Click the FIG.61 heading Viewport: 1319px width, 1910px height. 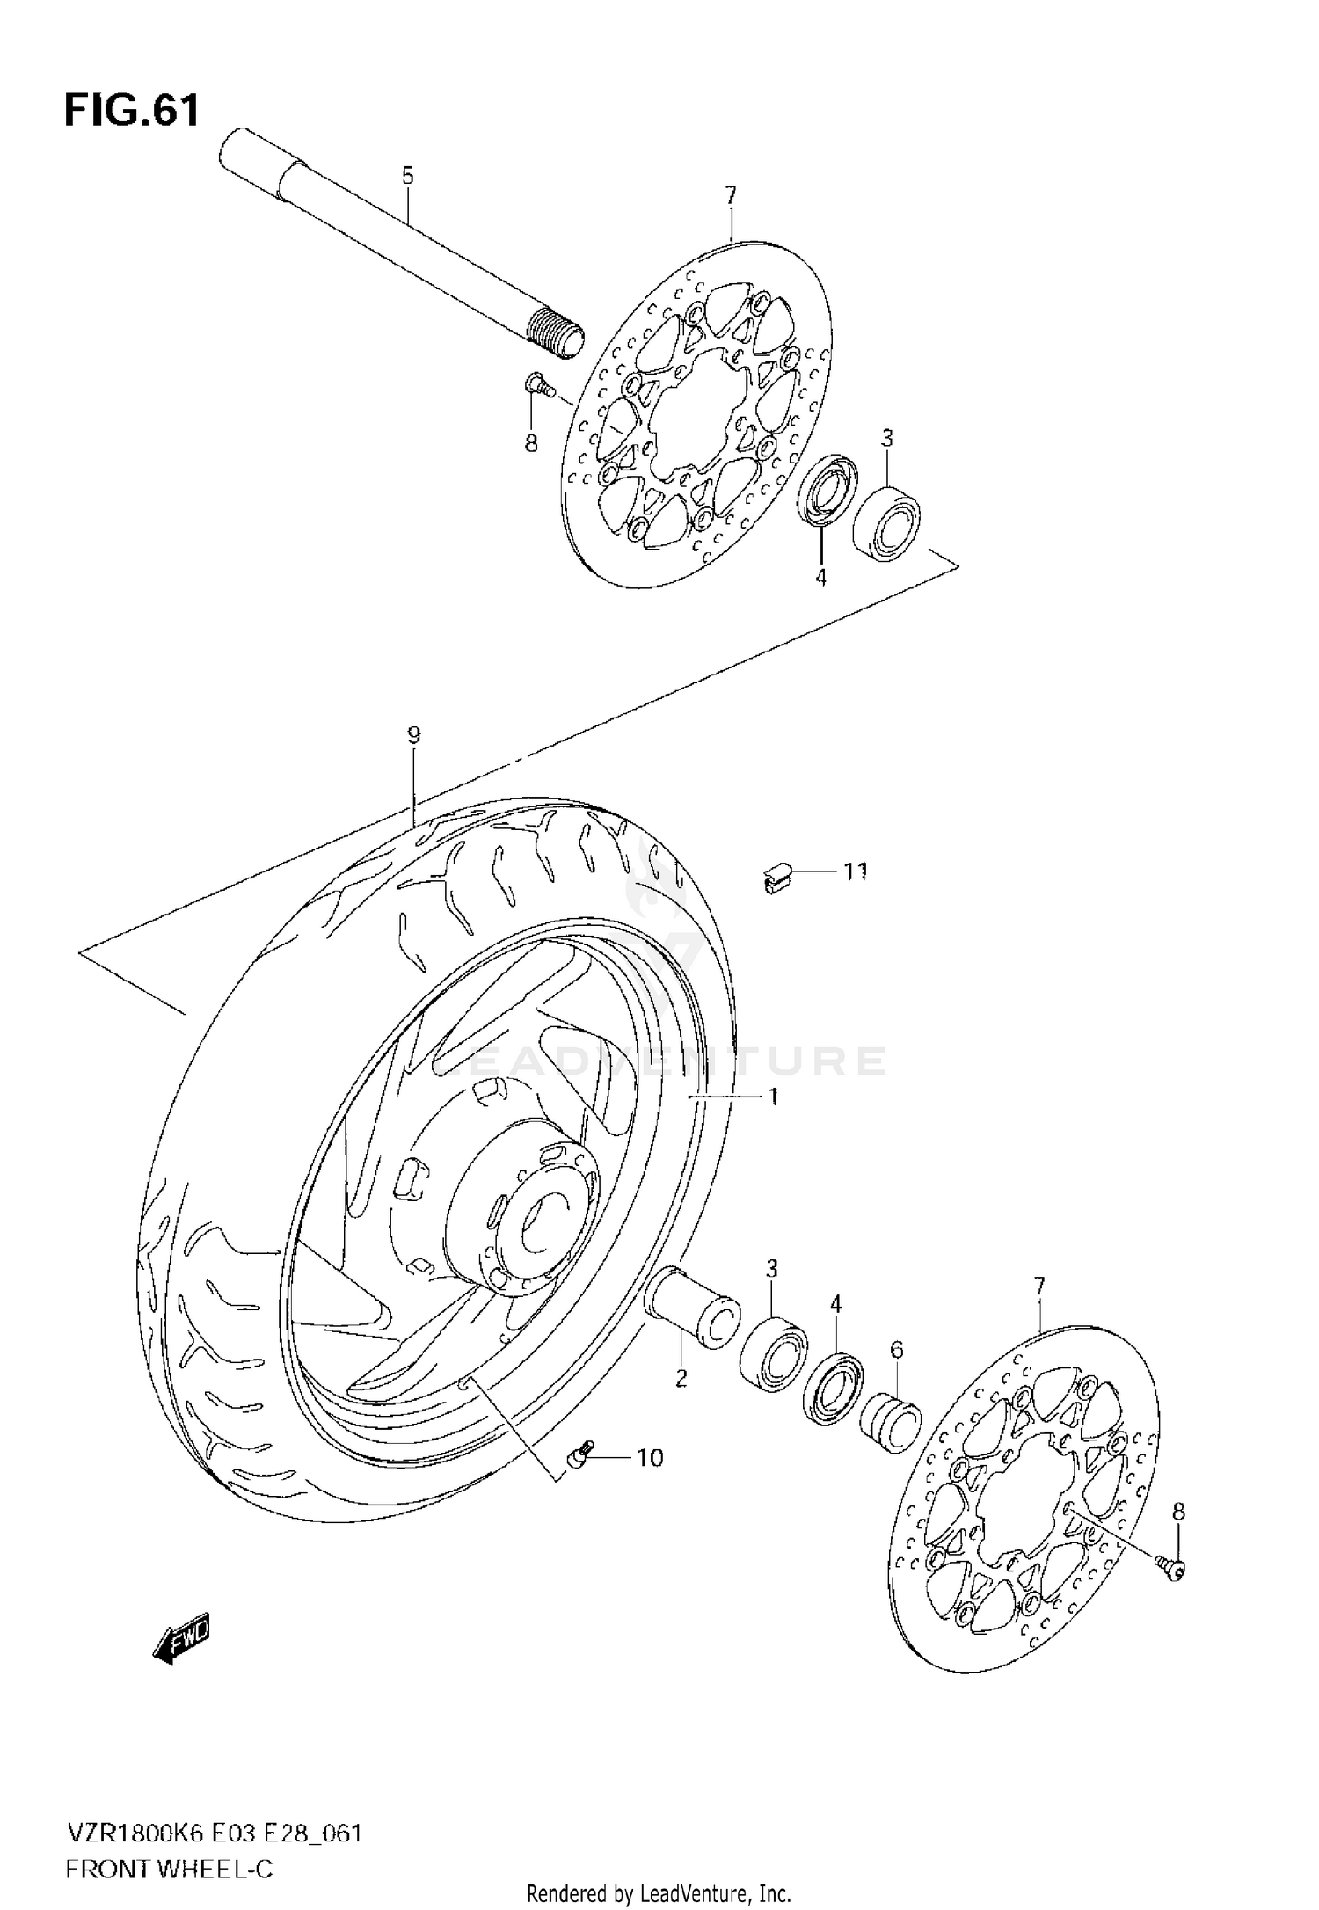(132, 112)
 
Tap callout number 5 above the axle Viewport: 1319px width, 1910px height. (407, 175)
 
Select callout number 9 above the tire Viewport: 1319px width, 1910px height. (414, 734)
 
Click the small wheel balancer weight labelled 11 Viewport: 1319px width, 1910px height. (776, 877)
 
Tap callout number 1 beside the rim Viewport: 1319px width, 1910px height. (773, 1097)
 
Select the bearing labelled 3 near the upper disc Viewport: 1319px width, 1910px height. (885, 523)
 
